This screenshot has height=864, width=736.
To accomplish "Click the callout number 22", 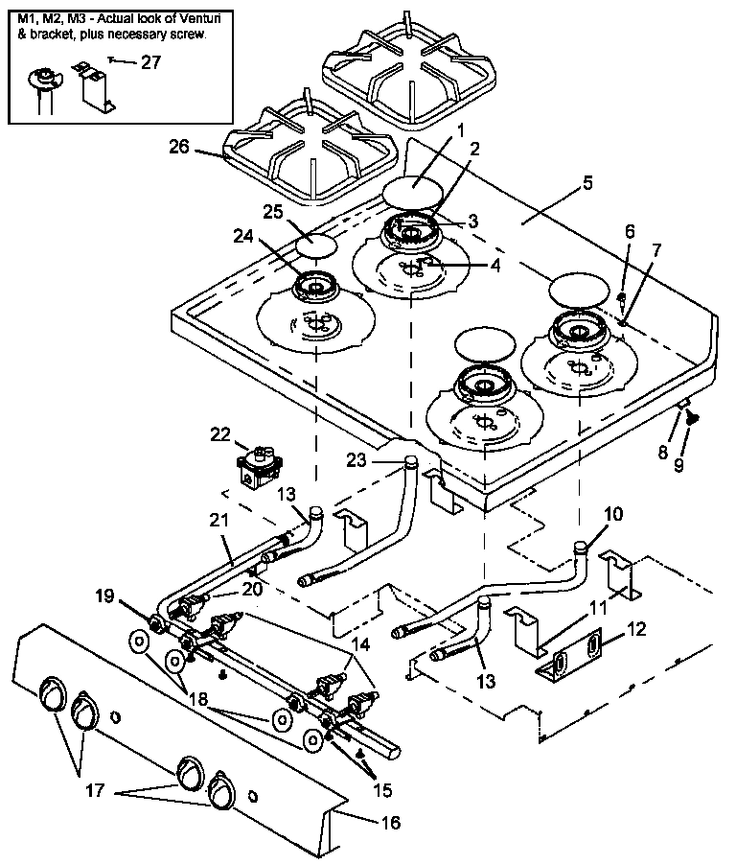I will click(x=221, y=434).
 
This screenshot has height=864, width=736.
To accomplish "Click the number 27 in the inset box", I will click(x=150, y=64).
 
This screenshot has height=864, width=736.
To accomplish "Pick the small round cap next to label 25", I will click(x=316, y=245).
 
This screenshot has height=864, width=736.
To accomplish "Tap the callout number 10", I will click(x=612, y=514).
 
